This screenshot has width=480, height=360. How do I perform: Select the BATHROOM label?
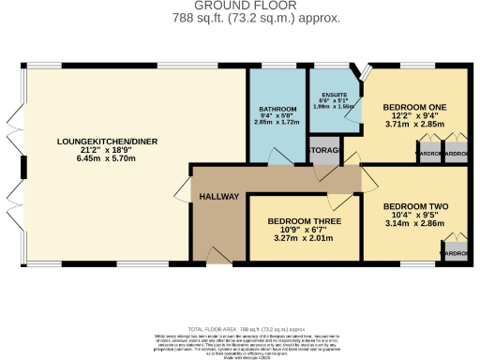[x=277, y=110]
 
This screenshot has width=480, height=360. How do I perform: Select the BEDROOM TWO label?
[x=416, y=206]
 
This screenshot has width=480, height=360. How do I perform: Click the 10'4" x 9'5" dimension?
[x=416, y=216]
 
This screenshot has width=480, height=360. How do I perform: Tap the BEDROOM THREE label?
[x=303, y=221]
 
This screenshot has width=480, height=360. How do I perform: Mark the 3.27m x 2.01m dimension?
[x=303, y=239]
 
